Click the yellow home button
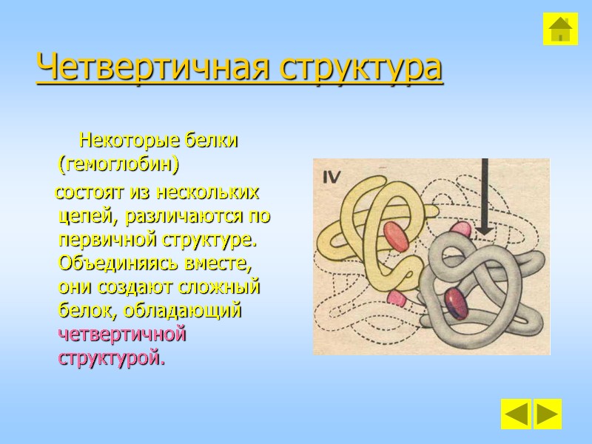(x=560, y=29)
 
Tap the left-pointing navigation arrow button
(x=515, y=414)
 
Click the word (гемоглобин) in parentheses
(x=118, y=161)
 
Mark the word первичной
(x=104, y=241)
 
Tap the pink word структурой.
(x=109, y=358)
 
